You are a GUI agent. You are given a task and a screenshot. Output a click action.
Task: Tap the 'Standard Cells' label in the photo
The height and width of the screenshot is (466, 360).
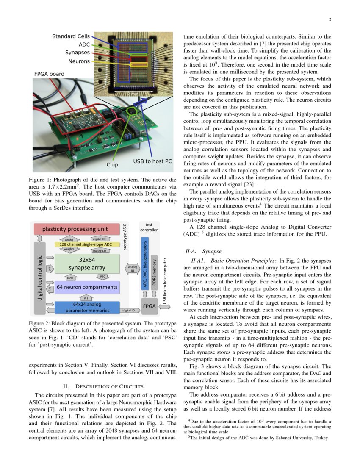click(x=71, y=36)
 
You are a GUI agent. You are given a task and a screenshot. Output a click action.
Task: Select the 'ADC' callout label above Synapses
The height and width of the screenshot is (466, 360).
click(x=84, y=44)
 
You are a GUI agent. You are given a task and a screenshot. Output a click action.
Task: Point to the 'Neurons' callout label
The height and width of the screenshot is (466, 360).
click(x=79, y=61)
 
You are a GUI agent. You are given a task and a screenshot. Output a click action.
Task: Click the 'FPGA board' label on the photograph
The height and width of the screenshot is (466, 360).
click(x=49, y=74)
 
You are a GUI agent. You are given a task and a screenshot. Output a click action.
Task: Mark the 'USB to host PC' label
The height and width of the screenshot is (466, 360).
click(x=152, y=161)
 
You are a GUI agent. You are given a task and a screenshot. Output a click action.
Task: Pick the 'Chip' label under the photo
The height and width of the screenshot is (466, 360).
click(x=112, y=164)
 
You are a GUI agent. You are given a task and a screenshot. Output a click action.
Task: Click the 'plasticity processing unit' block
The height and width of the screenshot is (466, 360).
click(x=75, y=229)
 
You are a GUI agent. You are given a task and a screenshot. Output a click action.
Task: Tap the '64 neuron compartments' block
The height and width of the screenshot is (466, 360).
click(x=87, y=287)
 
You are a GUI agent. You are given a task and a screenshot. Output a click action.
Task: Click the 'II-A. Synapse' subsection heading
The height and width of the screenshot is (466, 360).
click(x=202, y=251)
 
